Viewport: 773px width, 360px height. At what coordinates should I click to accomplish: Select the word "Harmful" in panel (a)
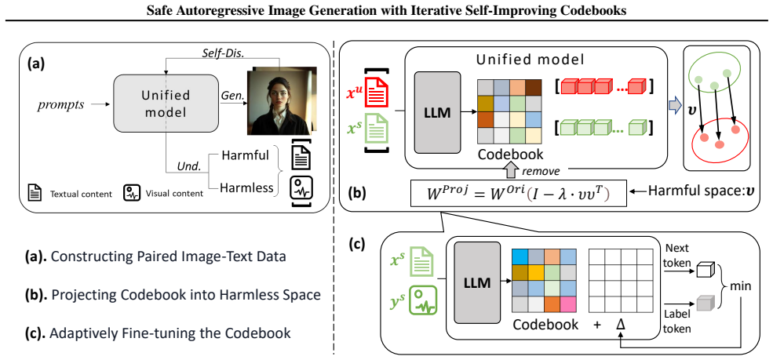click(246, 156)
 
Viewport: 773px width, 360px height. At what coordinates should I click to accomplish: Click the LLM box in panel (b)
click(438, 113)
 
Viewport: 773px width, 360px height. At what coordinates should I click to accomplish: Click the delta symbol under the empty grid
click(620, 324)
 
